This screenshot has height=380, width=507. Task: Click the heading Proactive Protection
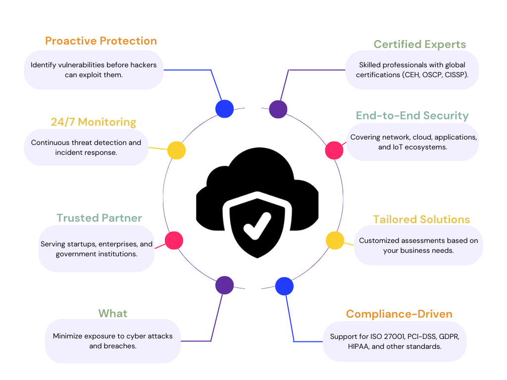[101, 41]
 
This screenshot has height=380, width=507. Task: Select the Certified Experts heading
[419, 45]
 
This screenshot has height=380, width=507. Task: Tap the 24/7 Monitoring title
[93, 122]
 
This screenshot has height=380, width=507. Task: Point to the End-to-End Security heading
[412, 116]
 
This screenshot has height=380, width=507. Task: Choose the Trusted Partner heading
[99, 218]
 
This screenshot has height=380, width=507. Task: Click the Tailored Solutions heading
[421, 220]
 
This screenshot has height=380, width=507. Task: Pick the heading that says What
[113, 314]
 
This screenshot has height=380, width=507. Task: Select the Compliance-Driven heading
[399, 314]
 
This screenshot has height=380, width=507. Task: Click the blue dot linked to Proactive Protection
[224, 109]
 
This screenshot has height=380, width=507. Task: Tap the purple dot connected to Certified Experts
[278, 109]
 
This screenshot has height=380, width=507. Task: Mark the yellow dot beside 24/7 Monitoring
[176, 150]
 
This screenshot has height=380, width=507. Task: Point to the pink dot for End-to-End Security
[334, 150]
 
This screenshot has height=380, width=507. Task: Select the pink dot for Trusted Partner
[174, 240]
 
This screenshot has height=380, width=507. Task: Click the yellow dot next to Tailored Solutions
[335, 240]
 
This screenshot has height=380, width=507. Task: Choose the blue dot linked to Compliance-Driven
[284, 286]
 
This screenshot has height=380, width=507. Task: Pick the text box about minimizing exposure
[113, 341]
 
